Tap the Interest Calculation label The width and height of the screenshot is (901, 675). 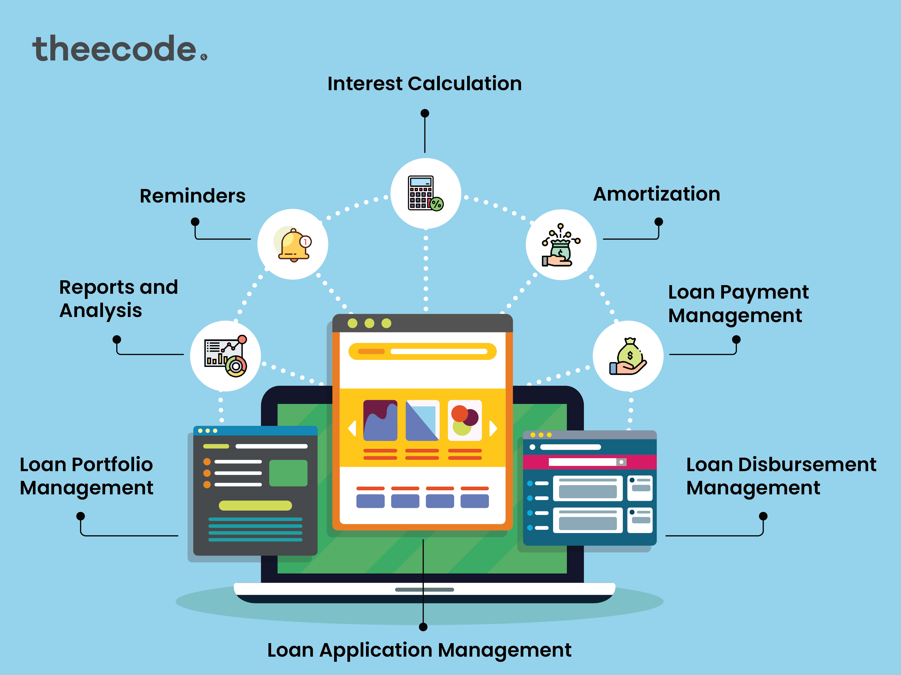click(x=424, y=84)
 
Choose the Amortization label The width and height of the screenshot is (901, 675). click(x=657, y=194)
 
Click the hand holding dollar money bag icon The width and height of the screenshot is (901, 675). click(x=628, y=356)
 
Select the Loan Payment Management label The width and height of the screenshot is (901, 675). click(x=738, y=303)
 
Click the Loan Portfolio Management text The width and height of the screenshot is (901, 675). click(x=86, y=476)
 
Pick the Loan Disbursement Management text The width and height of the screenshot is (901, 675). click(x=781, y=476)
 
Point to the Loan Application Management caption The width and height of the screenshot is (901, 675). click(x=419, y=650)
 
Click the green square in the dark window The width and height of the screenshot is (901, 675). click(x=288, y=473)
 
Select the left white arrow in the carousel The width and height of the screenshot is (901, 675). click(x=352, y=428)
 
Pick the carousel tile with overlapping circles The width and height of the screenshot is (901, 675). click(x=465, y=420)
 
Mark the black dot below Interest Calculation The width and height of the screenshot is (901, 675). click(x=425, y=113)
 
